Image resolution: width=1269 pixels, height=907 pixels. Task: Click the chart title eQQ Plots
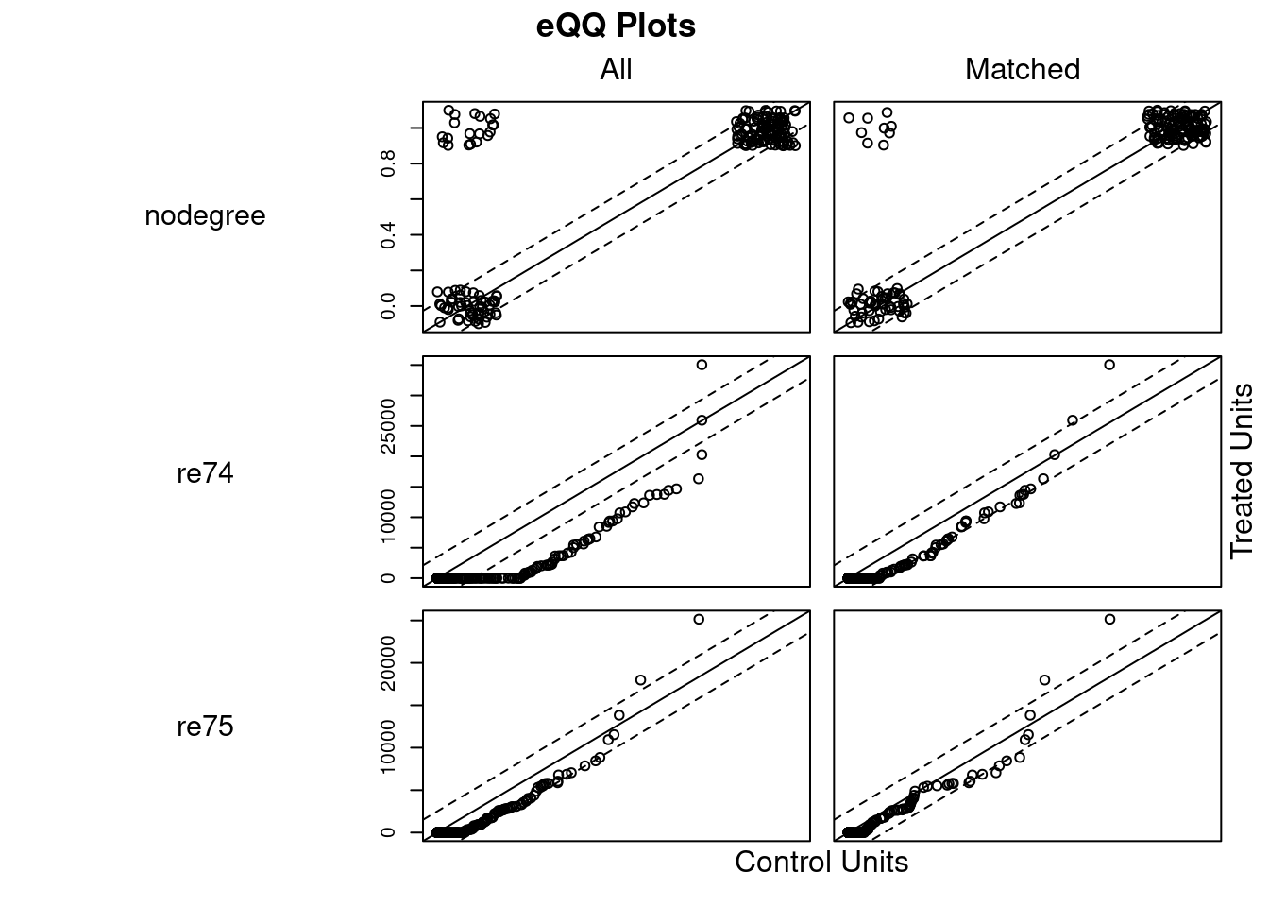(x=616, y=26)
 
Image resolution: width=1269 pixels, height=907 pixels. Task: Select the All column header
(x=616, y=69)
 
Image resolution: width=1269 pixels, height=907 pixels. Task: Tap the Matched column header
(x=1022, y=69)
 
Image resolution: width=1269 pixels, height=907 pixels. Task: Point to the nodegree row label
(x=205, y=216)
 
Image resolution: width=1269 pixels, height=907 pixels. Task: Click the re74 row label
(x=205, y=472)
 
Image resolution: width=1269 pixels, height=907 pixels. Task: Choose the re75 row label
(x=205, y=727)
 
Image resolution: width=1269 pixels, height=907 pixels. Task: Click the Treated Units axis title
(x=1242, y=471)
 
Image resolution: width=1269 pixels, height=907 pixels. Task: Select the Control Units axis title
(x=821, y=862)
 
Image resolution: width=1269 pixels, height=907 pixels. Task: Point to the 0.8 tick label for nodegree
(x=388, y=163)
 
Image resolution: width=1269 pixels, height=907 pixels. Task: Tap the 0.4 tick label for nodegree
(x=388, y=235)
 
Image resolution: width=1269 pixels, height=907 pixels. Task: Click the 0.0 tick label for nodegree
(x=388, y=306)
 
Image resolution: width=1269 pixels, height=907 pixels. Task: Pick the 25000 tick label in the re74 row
(x=388, y=426)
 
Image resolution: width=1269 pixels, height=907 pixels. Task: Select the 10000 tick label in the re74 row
(x=388, y=517)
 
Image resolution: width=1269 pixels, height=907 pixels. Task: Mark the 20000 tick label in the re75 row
(x=388, y=663)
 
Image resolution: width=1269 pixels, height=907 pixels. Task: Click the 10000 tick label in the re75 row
(x=388, y=748)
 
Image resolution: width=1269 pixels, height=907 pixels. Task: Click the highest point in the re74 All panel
(x=702, y=365)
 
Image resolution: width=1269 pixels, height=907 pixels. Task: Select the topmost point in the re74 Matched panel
(x=1109, y=365)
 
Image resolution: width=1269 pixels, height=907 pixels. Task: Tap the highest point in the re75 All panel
(x=699, y=620)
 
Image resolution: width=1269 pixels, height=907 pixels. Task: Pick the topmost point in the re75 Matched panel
(x=1109, y=620)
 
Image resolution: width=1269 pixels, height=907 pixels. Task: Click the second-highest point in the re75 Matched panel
(x=1044, y=680)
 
